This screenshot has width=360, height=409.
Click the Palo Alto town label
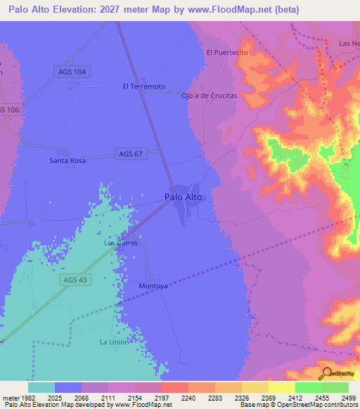click(184, 197)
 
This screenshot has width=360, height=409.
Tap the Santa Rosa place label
click(67, 161)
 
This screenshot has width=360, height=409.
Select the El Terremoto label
click(143, 86)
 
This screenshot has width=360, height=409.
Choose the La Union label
click(114, 342)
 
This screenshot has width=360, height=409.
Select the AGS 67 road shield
click(131, 154)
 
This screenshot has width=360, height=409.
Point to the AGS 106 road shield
click(8, 110)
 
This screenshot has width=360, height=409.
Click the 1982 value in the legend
click(21, 398)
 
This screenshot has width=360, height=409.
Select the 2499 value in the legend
click(340, 398)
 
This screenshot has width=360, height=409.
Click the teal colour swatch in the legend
click(41, 387)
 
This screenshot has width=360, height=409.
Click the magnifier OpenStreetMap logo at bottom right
click(328, 374)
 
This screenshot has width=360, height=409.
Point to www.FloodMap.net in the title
click(232, 10)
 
